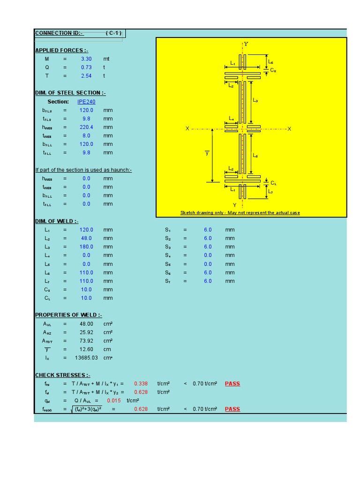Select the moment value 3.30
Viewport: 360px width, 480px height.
coord(86,59)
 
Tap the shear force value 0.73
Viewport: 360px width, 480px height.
coord(86,67)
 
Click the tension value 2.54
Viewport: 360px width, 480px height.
coord(86,76)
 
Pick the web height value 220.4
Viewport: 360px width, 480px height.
coord(86,127)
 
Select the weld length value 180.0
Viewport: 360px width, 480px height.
coord(86,247)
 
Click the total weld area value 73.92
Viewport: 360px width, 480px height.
coord(86,341)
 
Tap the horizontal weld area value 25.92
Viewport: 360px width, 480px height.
coord(86,332)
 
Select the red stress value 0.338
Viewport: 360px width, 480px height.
coord(141,383)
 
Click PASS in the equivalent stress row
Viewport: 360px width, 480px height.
coord(232,409)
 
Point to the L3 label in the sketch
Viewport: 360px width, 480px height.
coord(255,100)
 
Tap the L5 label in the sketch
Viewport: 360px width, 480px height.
coord(255,156)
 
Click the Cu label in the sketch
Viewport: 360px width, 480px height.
coord(273,70)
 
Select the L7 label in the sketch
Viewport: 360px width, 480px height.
coord(270,192)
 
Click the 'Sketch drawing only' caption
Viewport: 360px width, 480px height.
coord(240,213)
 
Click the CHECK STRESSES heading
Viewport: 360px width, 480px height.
coord(63,375)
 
